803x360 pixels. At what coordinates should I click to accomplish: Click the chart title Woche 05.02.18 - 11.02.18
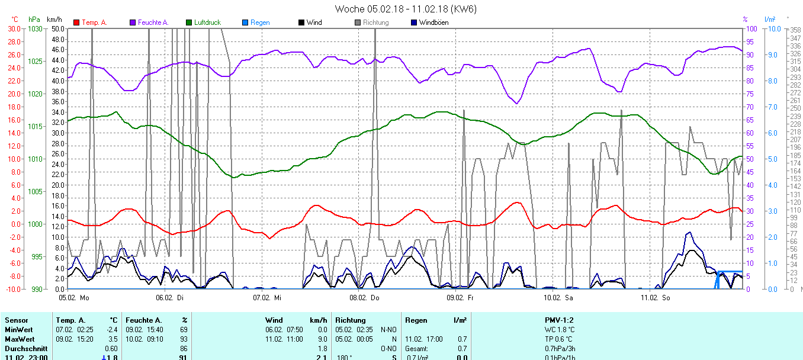[405, 9]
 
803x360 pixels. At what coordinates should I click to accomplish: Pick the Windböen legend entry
[433, 22]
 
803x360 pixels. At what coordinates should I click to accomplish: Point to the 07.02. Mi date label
[266, 297]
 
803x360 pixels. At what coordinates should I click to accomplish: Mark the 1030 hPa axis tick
[36, 28]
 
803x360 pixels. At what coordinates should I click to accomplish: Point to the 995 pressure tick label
[37, 256]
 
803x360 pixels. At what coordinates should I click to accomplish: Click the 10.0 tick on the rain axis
[772, 28]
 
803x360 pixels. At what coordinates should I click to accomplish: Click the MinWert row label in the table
[18, 329]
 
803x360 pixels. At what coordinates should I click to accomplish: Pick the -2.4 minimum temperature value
[110, 329]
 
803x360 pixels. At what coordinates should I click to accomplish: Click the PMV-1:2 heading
[559, 320]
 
